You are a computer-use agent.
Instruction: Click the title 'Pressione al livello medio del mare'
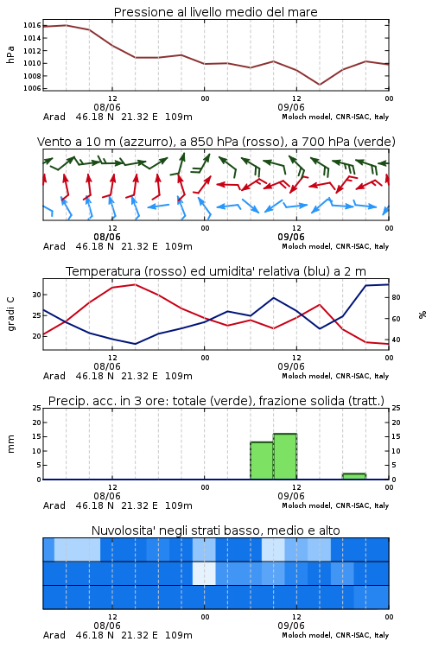click(x=215, y=12)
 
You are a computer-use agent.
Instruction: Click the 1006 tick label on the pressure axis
click(x=32, y=88)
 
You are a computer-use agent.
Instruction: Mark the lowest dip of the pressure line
click(x=320, y=85)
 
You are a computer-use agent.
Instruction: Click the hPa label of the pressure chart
click(x=10, y=55)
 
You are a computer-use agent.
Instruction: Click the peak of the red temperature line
click(x=135, y=284)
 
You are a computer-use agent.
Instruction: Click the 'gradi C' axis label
click(x=10, y=314)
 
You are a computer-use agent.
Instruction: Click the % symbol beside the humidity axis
click(x=422, y=314)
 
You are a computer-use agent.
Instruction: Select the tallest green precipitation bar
click(x=285, y=457)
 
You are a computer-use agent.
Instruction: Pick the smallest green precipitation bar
click(x=354, y=476)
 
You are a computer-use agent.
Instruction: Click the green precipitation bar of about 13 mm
click(x=262, y=461)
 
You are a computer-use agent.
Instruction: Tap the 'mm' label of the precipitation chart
click(x=10, y=444)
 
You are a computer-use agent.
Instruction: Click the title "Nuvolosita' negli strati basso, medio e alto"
click(x=215, y=530)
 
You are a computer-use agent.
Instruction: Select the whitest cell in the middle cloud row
click(x=204, y=573)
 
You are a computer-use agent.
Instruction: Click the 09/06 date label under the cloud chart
click(x=291, y=626)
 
